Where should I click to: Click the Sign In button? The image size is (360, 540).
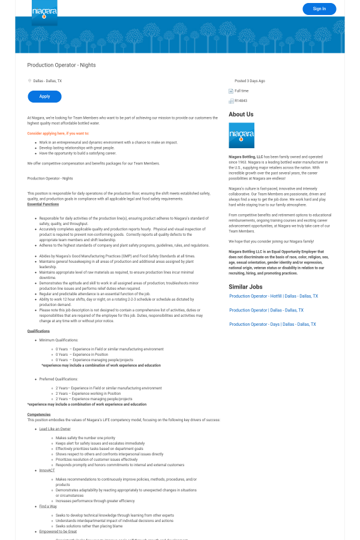click(319, 8)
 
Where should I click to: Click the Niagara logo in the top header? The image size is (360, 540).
click(44, 12)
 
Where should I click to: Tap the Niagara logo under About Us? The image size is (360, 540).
click(241, 136)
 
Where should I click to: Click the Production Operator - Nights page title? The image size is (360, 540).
click(61, 65)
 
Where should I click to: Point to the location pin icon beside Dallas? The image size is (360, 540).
click(29, 80)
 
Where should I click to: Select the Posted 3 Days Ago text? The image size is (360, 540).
click(250, 80)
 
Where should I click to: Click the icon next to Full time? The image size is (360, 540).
click(231, 91)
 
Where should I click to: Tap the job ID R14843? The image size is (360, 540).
click(241, 101)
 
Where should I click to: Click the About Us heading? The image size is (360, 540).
click(241, 114)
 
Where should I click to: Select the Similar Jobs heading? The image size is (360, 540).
click(245, 287)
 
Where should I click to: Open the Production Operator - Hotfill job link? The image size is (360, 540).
click(274, 296)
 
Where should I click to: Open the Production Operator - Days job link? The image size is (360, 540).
click(272, 325)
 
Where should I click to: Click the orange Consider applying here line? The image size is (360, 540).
click(58, 133)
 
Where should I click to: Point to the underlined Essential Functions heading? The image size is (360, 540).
click(43, 205)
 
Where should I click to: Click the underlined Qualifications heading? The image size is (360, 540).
click(38, 331)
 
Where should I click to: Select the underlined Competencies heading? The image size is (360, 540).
click(39, 414)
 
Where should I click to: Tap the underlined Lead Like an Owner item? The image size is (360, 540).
click(55, 429)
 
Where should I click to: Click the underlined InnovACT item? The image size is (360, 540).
click(47, 470)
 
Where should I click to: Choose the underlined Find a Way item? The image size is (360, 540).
click(48, 506)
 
